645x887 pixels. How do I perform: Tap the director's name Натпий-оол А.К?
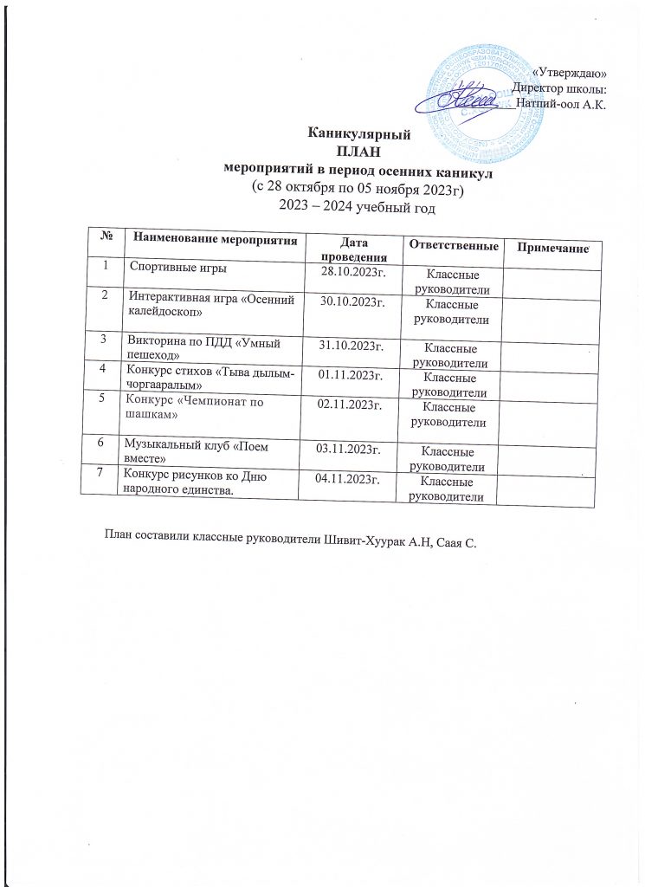(560, 104)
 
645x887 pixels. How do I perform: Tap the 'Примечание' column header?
(551, 249)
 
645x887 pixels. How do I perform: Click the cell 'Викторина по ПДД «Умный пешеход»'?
(207, 346)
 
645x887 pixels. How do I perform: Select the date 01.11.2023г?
(352, 374)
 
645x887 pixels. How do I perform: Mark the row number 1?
(106, 265)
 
